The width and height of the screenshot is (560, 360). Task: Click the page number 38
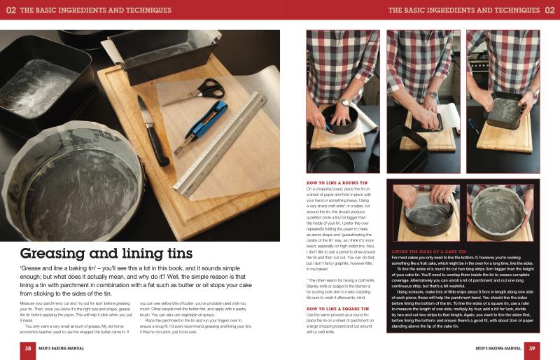click(28, 348)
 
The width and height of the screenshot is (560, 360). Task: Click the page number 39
click(531, 348)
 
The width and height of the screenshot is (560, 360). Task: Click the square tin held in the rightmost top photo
click(507, 111)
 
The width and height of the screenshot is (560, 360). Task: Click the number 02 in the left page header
click(10, 10)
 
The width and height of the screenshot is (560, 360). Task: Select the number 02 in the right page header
click(549, 10)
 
